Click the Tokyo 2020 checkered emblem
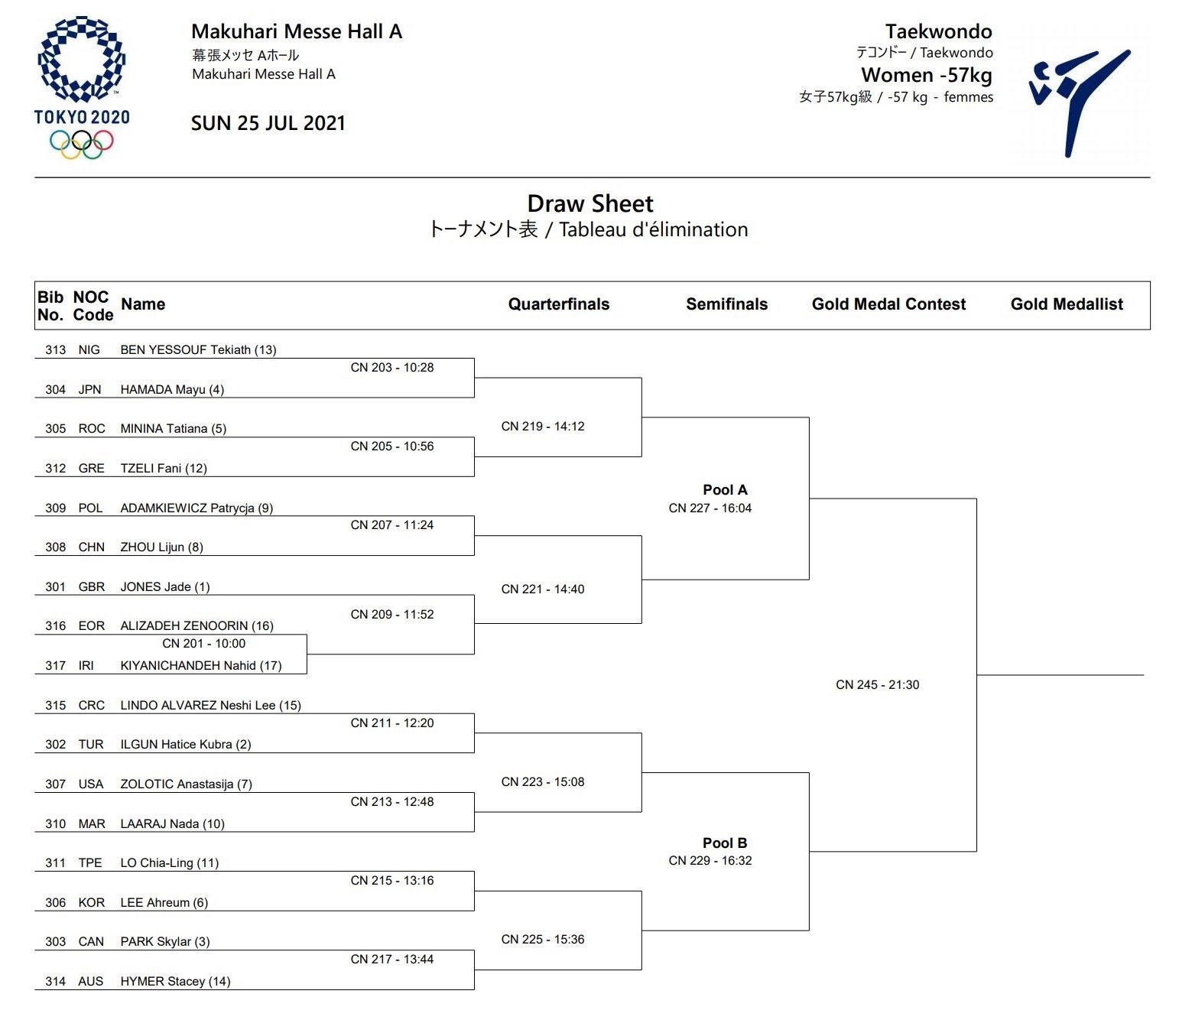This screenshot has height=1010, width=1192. click(x=81, y=60)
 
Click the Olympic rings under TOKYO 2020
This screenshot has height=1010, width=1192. click(x=81, y=143)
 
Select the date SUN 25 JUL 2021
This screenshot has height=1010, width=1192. click(x=268, y=123)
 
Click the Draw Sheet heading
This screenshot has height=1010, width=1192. click(x=590, y=203)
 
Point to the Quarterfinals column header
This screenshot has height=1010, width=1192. click(x=558, y=304)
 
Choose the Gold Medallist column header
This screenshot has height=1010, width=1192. click(x=1066, y=304)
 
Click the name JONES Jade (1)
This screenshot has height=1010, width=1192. click(x=164, y=586)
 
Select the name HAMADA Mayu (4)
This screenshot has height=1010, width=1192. click(x=172, y=389)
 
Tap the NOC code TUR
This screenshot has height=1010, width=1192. click(x=90, y=744)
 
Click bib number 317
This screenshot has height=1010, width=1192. click(x=55, y=665)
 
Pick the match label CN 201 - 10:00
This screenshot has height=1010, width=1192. click(x=203, y=644)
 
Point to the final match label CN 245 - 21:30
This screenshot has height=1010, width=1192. click(x=877, y=684)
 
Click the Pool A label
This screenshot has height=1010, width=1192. click(x=725, y=490)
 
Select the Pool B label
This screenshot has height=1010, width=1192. click(x=724, y=843)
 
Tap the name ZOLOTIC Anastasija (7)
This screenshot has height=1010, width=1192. click(x=186, y=784)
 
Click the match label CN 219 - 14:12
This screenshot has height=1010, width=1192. click(x=542, y=426)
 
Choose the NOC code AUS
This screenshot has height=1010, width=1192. click(x=90, y=981)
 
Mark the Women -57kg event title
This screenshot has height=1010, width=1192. click(x=926, y=75)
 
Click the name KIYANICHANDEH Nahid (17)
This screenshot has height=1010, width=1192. click(x=200, y=665)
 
